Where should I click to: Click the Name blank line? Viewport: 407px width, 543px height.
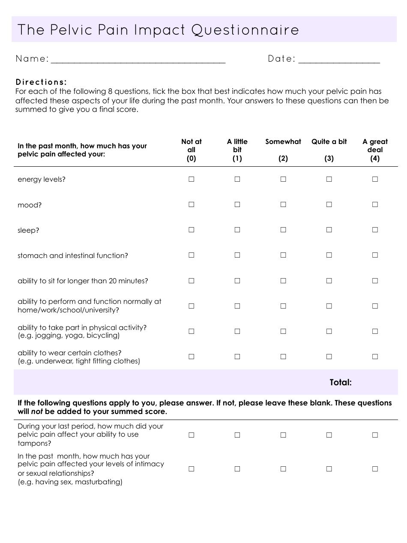138,62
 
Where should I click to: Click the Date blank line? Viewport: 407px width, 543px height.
339,62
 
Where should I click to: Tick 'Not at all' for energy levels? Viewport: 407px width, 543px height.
192,179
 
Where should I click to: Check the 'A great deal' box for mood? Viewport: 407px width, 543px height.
375,204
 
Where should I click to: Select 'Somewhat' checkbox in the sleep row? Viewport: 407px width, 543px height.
283,230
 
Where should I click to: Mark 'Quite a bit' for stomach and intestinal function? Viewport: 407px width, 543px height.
329,255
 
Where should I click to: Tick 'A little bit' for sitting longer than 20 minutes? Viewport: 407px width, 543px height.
237,281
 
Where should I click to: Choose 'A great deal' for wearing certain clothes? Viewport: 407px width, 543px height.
375,357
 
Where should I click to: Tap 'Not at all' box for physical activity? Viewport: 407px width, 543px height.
192,331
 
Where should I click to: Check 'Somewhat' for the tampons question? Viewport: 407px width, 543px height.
283,435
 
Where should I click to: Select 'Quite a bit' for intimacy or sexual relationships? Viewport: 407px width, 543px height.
329,469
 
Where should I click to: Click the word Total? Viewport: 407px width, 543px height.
341,382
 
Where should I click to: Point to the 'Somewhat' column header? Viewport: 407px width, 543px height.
283,142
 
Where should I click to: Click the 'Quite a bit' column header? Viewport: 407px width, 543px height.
329,142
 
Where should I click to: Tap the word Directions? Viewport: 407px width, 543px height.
41,82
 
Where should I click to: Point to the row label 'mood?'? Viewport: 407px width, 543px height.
30,205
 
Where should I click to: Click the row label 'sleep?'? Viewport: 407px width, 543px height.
28,230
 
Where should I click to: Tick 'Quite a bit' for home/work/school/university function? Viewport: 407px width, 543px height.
329,306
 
